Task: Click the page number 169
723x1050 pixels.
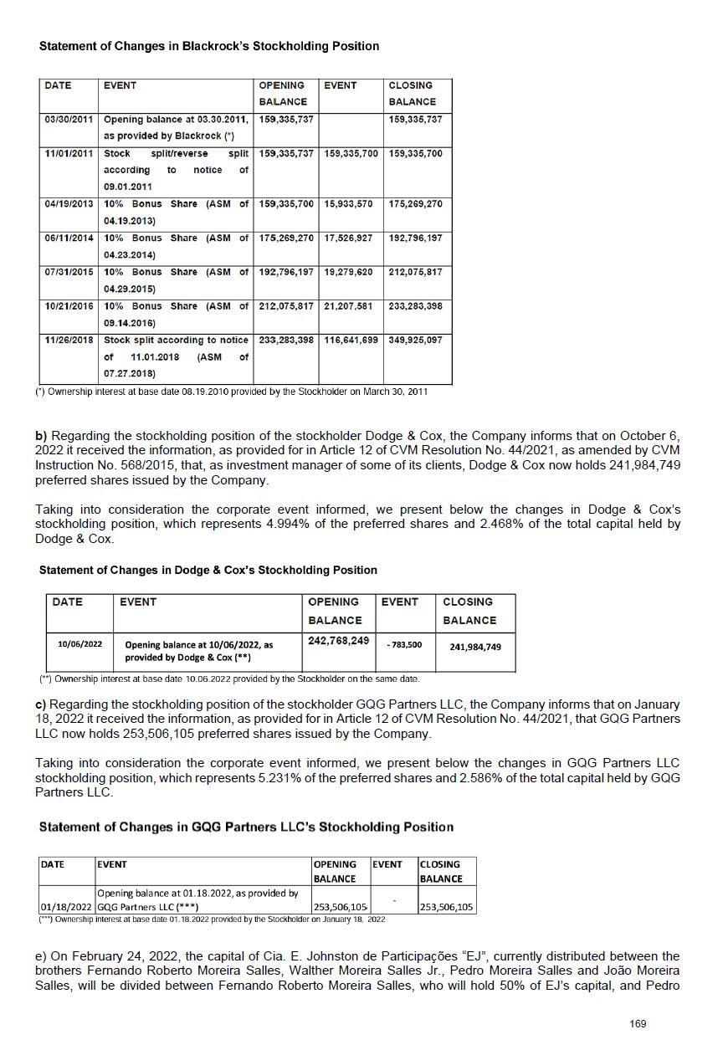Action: click(x=638, y=1023)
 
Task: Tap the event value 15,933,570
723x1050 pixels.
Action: click(x=351, y=204)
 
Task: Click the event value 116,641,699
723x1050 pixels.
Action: click(x=351, y=341)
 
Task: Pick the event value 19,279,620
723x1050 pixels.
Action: click(x=351, y=273)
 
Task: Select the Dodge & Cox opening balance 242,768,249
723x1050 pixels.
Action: click(x=338, y=641)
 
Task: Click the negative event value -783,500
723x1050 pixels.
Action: click(x=404, y=645)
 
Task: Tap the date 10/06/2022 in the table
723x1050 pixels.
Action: click(x=79, y=644)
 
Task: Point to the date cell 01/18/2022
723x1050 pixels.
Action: click(x=66, y=907)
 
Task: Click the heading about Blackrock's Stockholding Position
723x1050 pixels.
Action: click(x=208, y=47)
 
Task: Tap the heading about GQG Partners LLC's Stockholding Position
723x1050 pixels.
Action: click(x=246, y=827)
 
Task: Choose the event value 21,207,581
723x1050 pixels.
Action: click(x=351, y=306)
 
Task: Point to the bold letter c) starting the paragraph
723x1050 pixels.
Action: click(x=40, y=705)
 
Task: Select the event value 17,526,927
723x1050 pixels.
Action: click(x=351, y=238)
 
